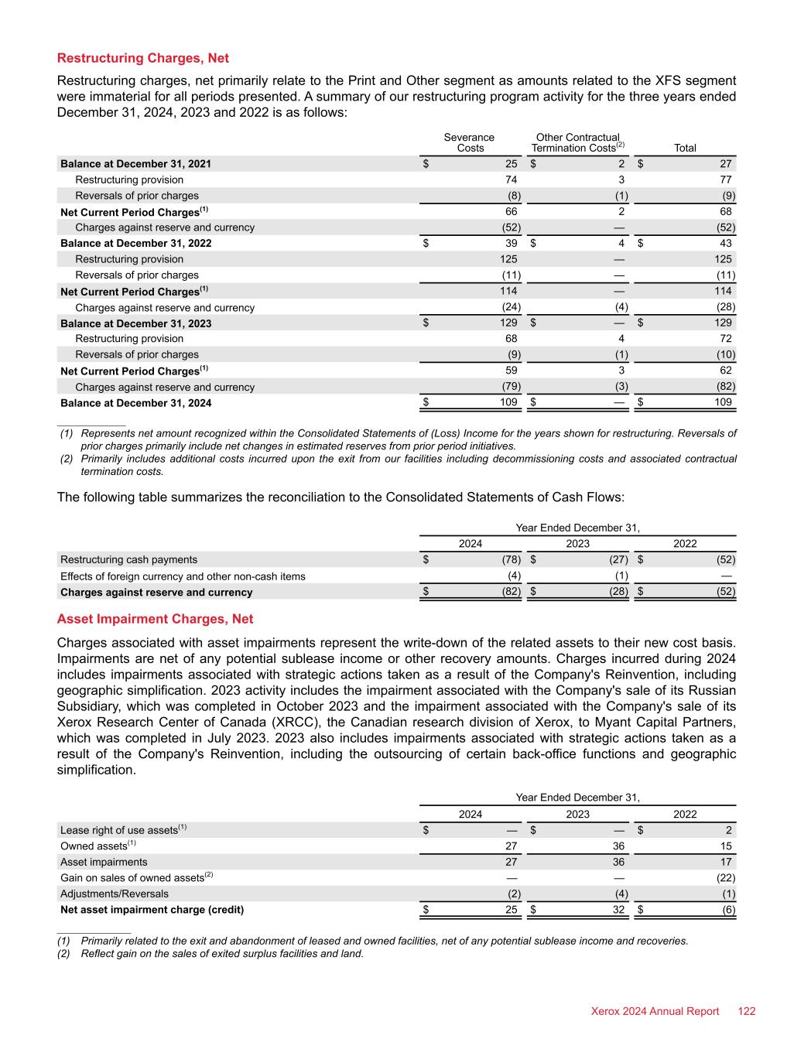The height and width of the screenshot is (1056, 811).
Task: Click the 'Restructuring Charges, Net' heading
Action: [x=143, y=58]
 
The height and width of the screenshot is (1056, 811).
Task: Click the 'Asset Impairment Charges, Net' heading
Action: [x=155, y=619]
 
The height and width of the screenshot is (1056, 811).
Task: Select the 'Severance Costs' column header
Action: [x=469, y=142]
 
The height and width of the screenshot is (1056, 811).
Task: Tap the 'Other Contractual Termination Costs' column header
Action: [x=577, y=142]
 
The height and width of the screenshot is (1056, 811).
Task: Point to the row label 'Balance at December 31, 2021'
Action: [x=135, y=164]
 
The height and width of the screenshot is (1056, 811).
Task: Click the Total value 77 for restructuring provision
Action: [x=725, y=179]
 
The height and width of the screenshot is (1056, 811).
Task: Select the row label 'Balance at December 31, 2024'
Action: [x=135, y=403]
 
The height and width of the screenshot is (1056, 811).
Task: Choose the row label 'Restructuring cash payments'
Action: [x=128, y=559]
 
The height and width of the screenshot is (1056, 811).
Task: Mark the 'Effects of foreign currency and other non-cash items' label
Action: [x=183, y=576]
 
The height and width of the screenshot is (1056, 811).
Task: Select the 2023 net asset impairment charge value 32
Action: [x=618, y=910]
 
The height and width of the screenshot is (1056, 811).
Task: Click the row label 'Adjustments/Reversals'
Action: [x=114, y=894]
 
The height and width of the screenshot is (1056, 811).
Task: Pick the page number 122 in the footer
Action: [x=746, y=1011]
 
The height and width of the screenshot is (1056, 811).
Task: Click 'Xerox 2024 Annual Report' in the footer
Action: [x=655, y=1011]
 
